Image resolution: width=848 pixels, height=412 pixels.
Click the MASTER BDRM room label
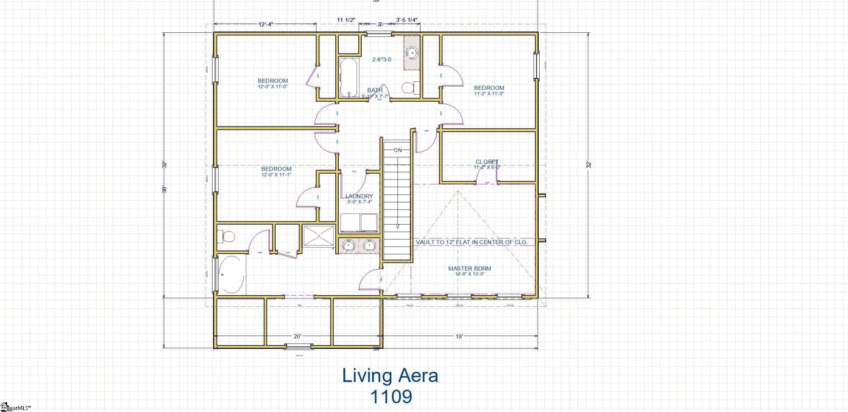pos(469,269)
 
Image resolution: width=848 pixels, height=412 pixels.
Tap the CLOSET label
pos(487,162)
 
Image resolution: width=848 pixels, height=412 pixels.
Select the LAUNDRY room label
pos(359,196)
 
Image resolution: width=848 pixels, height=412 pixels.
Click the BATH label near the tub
pos(375,90)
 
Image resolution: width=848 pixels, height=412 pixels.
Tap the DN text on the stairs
pos(398,150)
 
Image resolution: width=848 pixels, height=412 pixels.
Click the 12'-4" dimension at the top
pos(265,25)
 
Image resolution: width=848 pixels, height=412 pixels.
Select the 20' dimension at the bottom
pos(298,337)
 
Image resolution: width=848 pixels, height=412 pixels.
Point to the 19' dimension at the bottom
pos(459,337)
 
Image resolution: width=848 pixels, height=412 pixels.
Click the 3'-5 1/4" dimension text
pos(406,20)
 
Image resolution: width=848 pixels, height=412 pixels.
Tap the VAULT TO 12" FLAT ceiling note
pos(471,242)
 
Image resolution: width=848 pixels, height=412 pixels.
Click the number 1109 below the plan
pos(391,397)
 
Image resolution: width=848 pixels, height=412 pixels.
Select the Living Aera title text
pos(390,375)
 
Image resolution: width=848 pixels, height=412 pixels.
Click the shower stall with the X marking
pos(318,236)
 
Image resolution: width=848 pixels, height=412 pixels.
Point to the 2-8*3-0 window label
pos(382,60)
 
